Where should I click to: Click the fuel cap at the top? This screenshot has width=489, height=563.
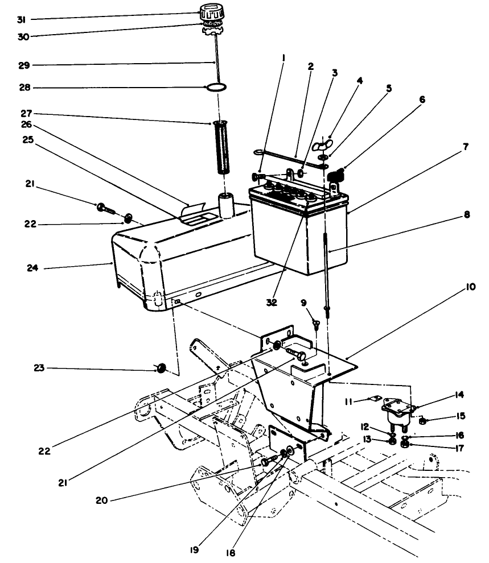tap(212, 12)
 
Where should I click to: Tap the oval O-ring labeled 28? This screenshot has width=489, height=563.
tap(217, 88)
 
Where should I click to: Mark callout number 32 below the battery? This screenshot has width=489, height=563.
tap(272, 302)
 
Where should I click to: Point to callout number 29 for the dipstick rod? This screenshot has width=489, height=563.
tap(23, 65)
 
